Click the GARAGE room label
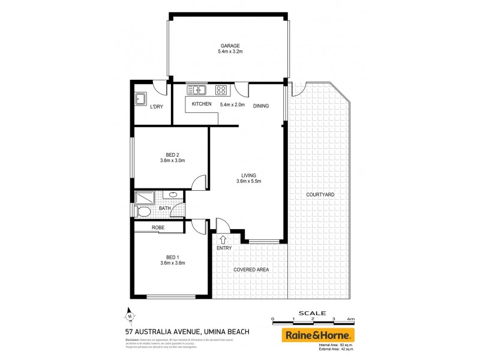(x=230, y=46)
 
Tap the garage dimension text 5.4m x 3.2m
(x=230, y=52)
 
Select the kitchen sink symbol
(x=196, y=91)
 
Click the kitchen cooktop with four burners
(x=221, y=91)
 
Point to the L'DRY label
(x=157, y=107)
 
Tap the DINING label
(x=261, y=106)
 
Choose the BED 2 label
(x=173, y=154)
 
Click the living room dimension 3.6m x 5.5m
(x=249, y=181)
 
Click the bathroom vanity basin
(x=173, y=194)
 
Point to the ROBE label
(x=158, y=228)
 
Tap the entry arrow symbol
(x=223, y=239)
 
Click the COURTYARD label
(x=320, y=195)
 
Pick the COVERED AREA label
(x=251, y=269)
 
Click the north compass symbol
(x=129, y=314)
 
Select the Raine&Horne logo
(x=318, y=334)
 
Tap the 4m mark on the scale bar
(x=351, y=319)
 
